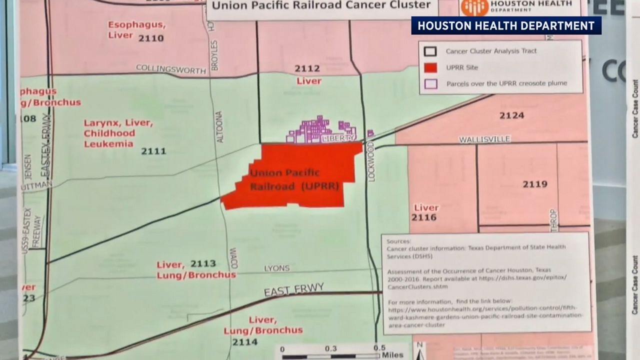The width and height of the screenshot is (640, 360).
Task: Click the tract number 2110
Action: (x=150, y=38)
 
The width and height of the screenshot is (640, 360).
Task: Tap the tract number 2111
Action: (x=153, y=151)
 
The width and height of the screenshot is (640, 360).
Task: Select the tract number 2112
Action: (x=307, y=68)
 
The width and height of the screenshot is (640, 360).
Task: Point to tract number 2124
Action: (x=511, y=115)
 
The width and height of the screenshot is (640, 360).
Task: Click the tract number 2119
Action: (x=535, y=184)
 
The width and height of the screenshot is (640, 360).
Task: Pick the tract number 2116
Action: (x=423, y=217)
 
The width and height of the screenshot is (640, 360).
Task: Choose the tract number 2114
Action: (x=244, y=342)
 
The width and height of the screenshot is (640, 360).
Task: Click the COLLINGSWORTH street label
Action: (x=171, y=69)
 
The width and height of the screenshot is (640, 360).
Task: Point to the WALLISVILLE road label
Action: (x=484, y=139)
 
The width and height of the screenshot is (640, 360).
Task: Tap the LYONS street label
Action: (x=276, y=268)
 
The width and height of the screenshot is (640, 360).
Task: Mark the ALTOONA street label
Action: (x=219, y=127)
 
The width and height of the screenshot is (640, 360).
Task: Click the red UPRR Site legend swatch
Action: (x=430, y=67)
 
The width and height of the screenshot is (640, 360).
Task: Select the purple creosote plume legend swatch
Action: (x=430, y=83)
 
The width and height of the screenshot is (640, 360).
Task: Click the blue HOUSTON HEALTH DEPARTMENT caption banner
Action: (x=506, y=25)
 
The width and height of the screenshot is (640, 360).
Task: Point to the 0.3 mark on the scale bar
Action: (x=330, y=348)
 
